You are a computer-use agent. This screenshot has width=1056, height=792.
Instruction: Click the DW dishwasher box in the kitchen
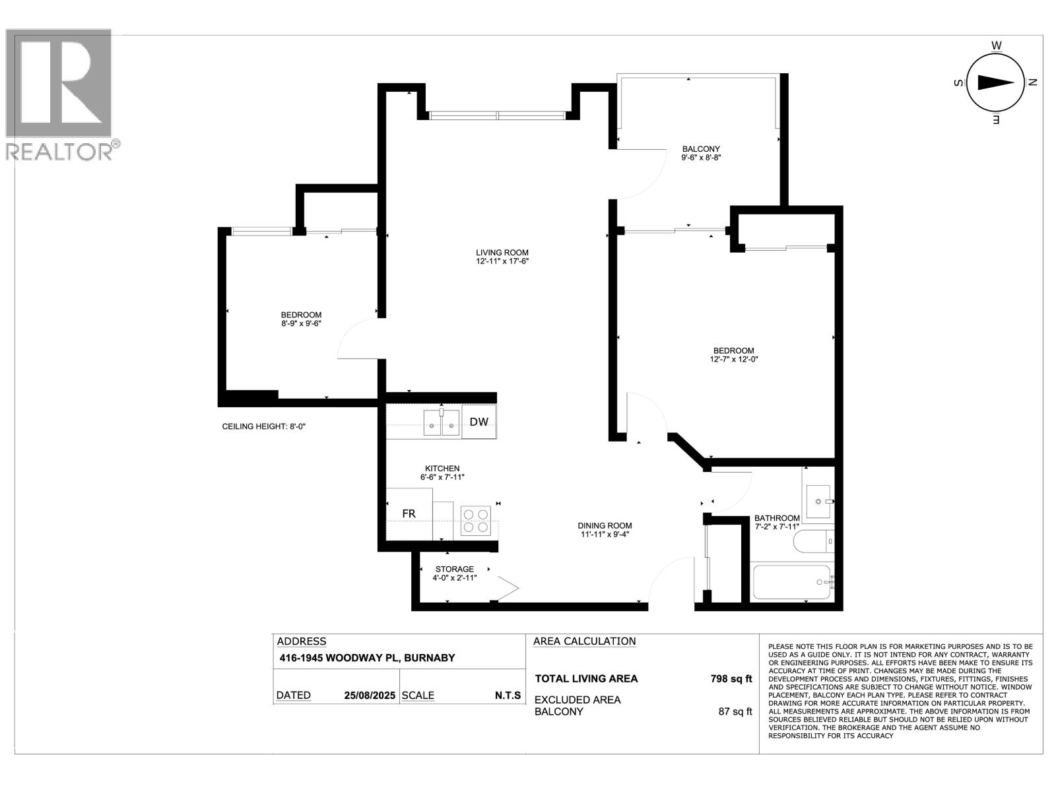pyautogui.click(x=479, y=422)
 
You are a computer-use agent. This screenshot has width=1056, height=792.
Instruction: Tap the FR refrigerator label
pyautogui.click(x=409, y=513)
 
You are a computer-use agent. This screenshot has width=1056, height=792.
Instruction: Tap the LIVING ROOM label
pyautogui.click(x=502, y=253)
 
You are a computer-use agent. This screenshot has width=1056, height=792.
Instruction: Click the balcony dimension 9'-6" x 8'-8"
pyautogui.click(x=701, y=158)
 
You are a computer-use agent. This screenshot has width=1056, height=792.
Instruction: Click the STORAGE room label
pyautogui.click(x=454, y=569)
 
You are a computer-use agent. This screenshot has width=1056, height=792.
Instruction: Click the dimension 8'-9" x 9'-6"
pyautogui.click(x=301, y=323)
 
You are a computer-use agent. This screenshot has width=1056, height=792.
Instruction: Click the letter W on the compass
pyautogui.click(x=997, y=45)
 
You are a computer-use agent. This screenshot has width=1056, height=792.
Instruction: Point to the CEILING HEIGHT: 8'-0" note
pyautogui.click(x=264, y=426)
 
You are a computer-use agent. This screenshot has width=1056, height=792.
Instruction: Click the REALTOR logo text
pyautogui.click(x=59, y=152)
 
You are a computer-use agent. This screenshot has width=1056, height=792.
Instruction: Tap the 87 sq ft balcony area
pyautogui.click(x=735, y=711)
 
